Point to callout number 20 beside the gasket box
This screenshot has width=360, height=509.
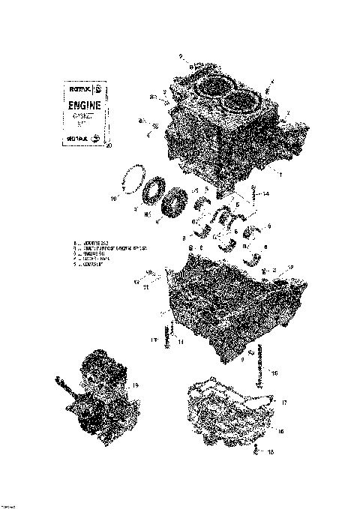[109, 145]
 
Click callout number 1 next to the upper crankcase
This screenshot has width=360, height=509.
[280, 174]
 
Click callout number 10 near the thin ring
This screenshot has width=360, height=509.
[113, 199]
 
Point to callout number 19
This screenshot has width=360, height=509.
[136, 385]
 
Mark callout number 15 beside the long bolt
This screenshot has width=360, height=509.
[274, 372]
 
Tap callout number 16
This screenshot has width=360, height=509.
[280, 432]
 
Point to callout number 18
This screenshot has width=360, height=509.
[271, 454]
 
